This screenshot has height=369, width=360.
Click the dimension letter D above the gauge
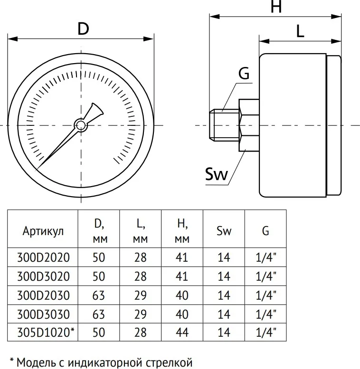(84, 29)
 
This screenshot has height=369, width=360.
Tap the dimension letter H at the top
(276, 6)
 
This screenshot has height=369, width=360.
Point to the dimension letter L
(300, 31)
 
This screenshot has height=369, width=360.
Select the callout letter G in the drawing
(244, 74)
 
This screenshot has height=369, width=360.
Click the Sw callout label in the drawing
(217, 174)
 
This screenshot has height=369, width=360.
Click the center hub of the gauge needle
(81, 125)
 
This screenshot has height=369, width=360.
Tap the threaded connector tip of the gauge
(224, 125)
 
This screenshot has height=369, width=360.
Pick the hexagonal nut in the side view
(249, 125)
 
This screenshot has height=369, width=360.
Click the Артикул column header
(43, 231)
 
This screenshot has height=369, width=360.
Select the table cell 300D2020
(43, 257)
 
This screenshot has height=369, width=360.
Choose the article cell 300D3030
(43, 314)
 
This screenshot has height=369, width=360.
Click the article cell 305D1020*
(46, 332)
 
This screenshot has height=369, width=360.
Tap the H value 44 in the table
(182, 332)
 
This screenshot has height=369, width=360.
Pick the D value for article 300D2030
(99, 295)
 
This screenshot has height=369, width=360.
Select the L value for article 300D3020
(141, 276)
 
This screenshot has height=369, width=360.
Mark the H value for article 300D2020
(182, 257)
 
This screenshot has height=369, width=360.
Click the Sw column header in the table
(224, 231)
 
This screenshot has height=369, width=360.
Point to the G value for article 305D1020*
(266, 332)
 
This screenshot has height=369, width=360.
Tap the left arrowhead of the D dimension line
(13, 39)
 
